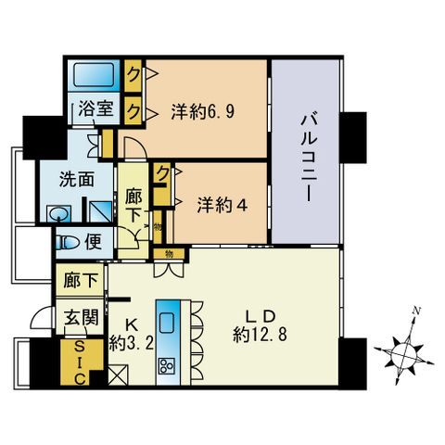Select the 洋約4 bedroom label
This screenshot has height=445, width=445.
point(221,205)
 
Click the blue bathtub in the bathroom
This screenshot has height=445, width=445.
point(92,74)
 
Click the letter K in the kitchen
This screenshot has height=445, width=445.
point(132,324)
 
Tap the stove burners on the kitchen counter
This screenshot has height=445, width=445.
point(169,363)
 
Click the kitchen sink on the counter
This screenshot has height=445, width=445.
point(169,324)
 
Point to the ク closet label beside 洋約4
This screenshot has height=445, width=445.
point(162,172)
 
